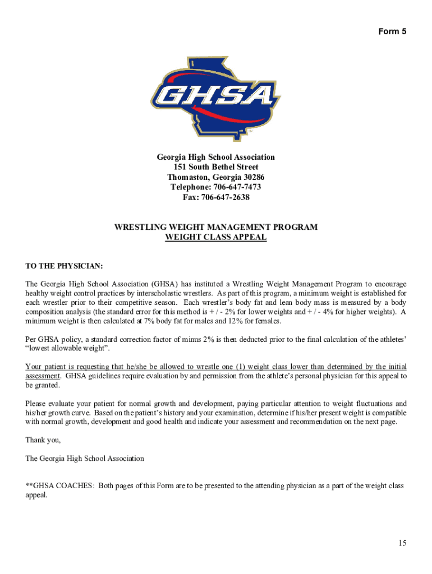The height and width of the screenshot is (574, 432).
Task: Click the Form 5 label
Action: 392,31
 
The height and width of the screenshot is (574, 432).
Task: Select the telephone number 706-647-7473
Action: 234,187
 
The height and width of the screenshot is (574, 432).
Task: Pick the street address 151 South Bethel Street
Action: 216,167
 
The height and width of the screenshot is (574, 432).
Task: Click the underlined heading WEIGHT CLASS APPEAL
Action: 216,237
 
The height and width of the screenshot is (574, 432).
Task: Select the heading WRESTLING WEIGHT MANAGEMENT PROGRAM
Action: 216,227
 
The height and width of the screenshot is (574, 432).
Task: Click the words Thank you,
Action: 43,440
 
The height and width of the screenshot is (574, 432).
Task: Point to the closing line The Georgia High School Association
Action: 85,458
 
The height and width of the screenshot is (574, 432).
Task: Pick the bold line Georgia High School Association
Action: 216,157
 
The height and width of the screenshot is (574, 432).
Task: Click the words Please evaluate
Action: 50,404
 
